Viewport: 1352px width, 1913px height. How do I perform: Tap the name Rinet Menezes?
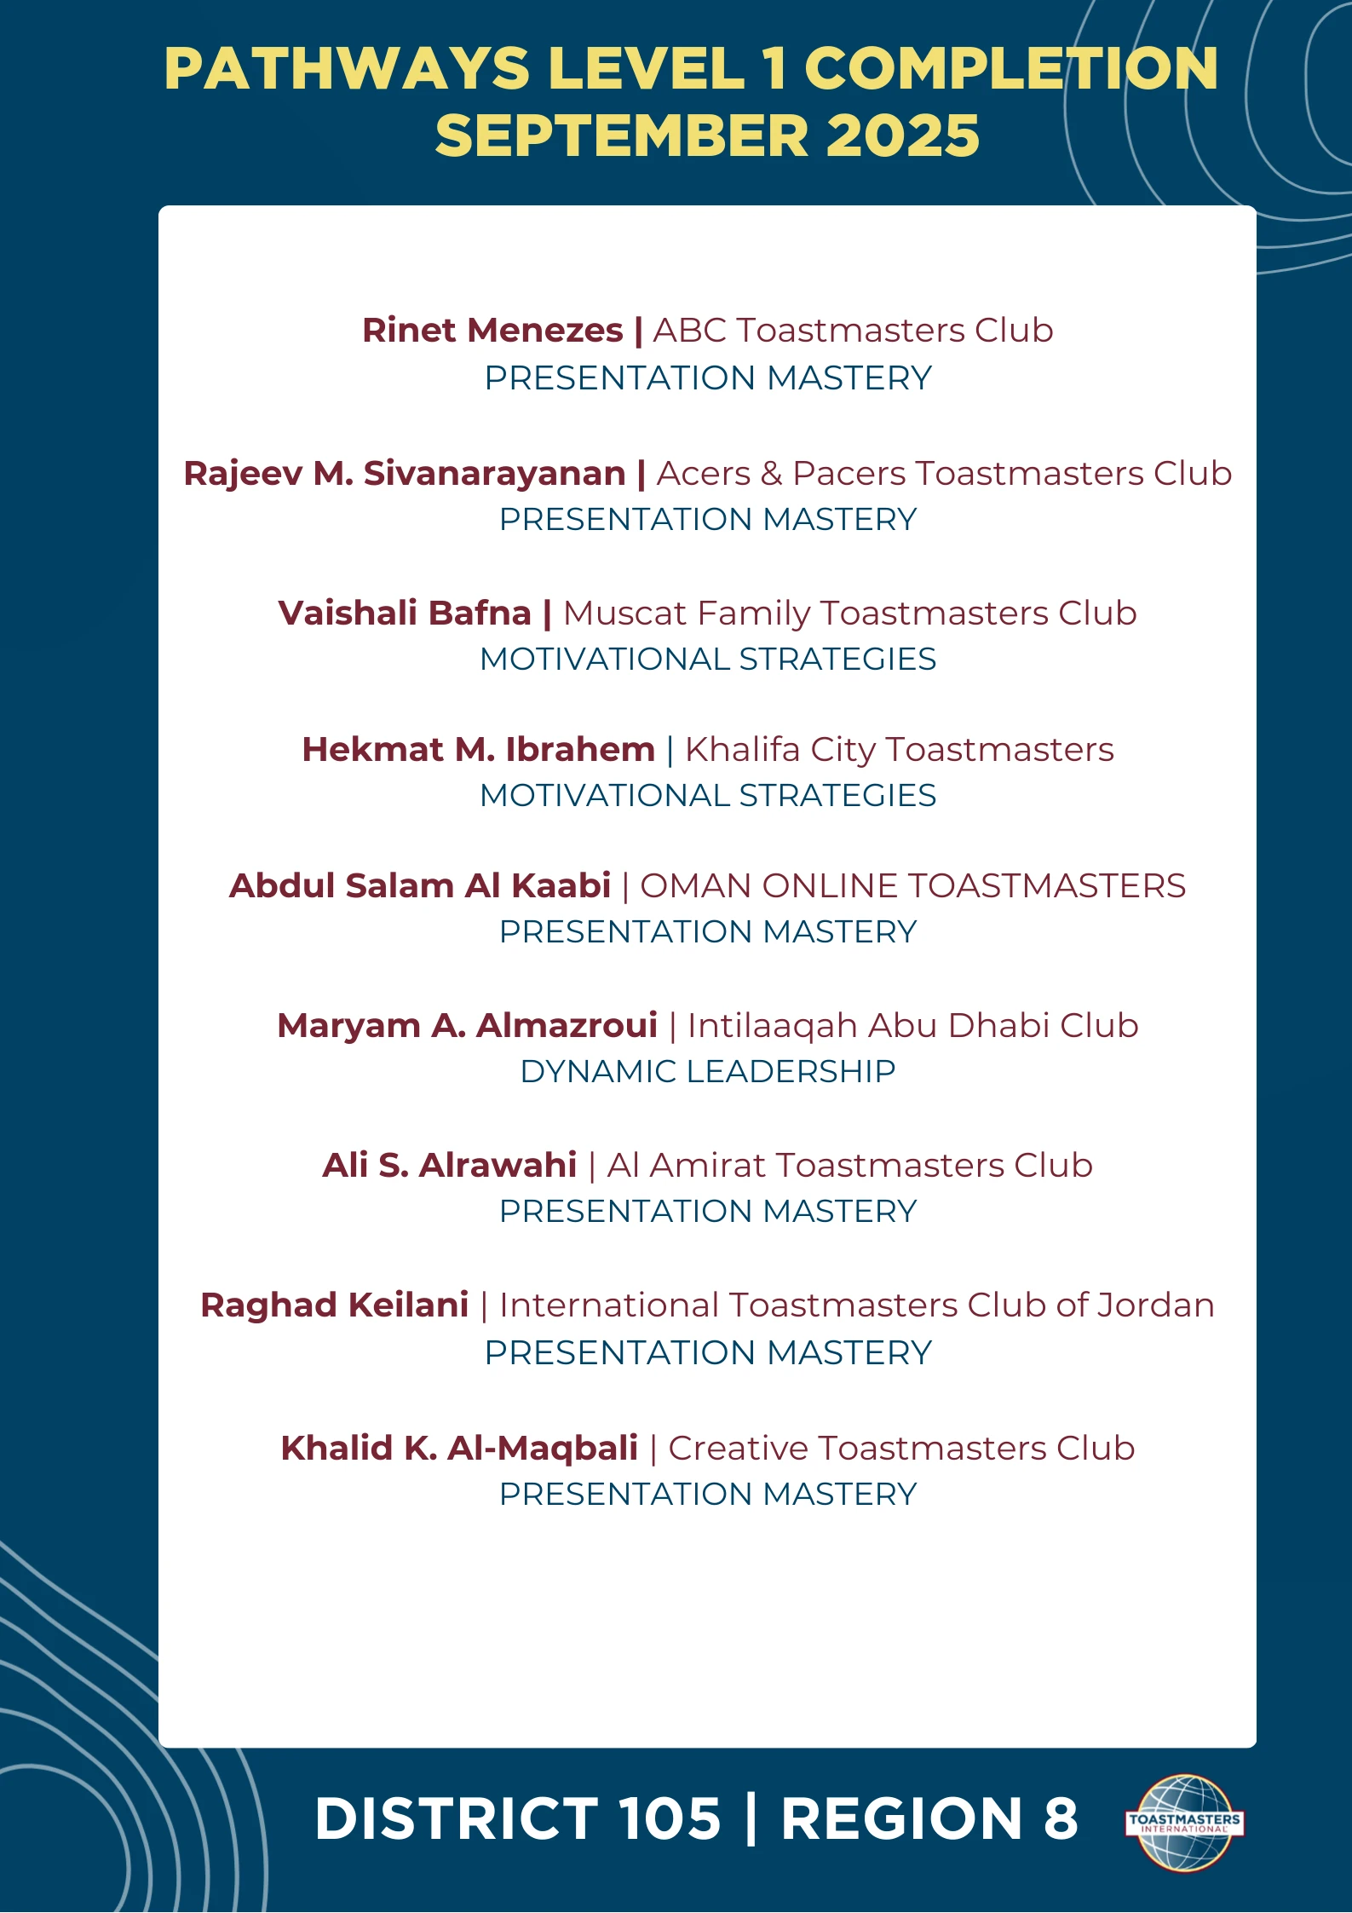tap(492, 331)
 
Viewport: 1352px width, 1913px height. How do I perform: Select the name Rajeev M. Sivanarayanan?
tap(405, 474)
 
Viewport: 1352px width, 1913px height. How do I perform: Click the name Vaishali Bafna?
tap(405, 614)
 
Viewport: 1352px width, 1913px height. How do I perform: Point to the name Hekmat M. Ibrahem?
tap(478, 750)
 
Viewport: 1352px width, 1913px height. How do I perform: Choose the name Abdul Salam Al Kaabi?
tap(420, 886)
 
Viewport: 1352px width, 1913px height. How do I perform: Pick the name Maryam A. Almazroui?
tap(467, 1026)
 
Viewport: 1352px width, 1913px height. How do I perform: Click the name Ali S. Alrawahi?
tap(449, 1166)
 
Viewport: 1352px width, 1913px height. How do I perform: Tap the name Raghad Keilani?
tap(334, 1305)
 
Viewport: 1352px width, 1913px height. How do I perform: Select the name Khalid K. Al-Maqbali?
tap(459, 1449)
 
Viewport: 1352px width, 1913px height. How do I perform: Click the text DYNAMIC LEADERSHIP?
tap(707, 1072)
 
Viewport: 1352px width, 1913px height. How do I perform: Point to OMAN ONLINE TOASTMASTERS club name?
tap(912, 886)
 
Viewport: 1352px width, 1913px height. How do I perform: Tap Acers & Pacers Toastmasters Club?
tap(944, 474)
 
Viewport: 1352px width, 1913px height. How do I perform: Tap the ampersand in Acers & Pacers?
tap(771, 475)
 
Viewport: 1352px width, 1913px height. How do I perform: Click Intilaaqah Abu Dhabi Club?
tap(912, 1026)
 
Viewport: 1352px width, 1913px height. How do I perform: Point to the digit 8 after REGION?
tap(1060, 1818)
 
